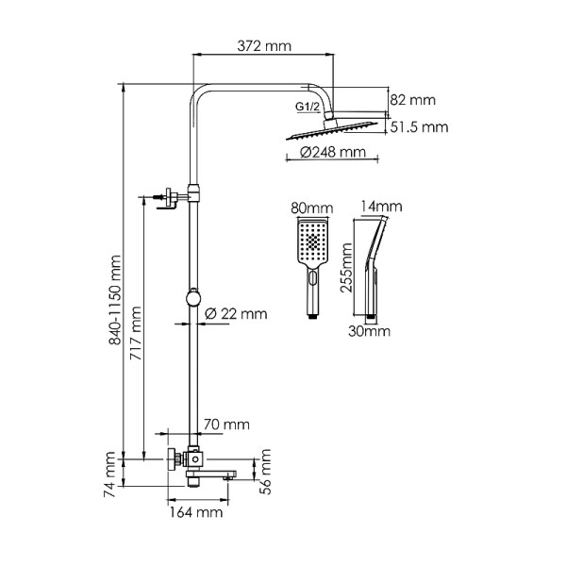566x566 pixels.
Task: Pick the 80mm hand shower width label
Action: pyautogui.click(x=313, y=207)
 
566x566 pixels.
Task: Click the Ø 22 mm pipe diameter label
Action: pyautogui.click(x=235, y=314)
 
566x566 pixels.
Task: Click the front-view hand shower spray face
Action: pyautogui.click(x=312, y=242)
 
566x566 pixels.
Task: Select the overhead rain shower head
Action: pyautogui.click(x=335, y=129)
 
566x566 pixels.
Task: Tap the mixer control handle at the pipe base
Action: pyautogui.click(x=173, y=459)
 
